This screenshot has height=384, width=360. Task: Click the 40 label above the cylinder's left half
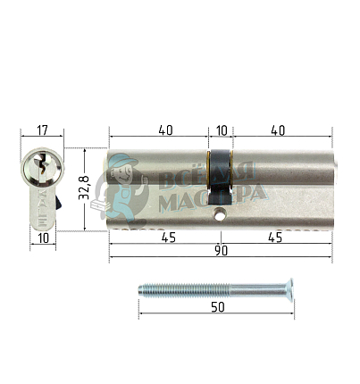(165, 129)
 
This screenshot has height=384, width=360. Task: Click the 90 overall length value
(221, 251)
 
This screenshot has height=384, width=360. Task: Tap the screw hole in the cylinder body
(220, 214)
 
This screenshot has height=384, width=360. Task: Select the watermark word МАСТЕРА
(210, 199)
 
